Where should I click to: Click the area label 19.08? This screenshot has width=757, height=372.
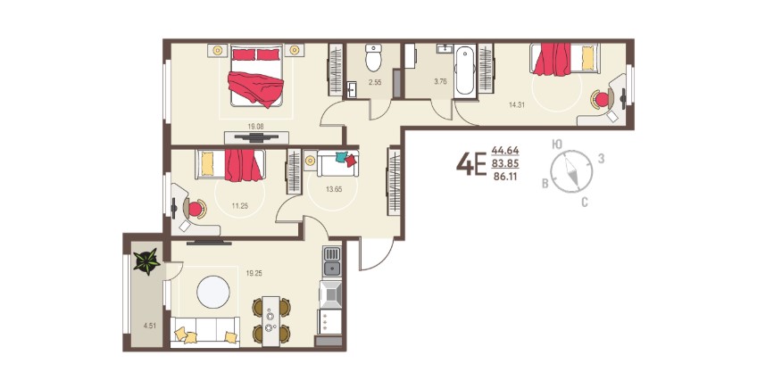[255, 127]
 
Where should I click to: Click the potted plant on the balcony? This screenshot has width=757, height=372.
[146, 261]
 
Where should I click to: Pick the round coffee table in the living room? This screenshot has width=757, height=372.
[213, 292]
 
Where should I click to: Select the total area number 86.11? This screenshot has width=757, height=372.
[505, 177]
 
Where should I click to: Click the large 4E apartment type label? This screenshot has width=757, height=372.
[470, 164]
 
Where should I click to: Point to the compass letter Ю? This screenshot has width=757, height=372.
[557, 144]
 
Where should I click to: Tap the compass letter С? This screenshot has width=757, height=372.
[584, 203]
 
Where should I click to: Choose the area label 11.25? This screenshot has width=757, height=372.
[239, 205]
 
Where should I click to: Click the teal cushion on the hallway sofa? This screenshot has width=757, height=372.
[341, 157]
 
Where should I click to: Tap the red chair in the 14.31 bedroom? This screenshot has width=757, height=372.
[602, 99]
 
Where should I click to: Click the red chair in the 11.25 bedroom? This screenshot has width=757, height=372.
[195, 209]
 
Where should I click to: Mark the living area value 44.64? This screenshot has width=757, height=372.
[505, 150]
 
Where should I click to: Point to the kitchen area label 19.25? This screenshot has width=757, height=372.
[254, 273]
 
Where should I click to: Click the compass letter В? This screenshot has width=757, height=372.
[545, 184]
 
